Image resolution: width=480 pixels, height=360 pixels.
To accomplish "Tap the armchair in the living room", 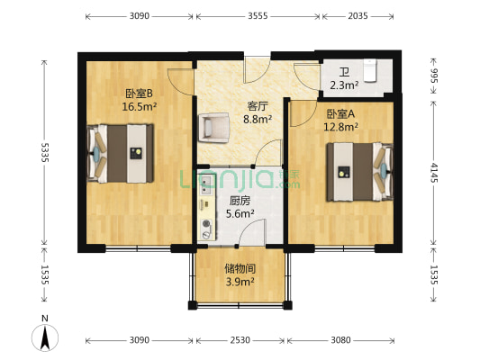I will pyautogui.click(x=215, y=127).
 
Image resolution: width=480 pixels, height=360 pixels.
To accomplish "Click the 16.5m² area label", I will pyautogui.click(x=139, y=105).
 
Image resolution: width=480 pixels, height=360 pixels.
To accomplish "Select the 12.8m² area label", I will pyautogui.click(x=341, y=127).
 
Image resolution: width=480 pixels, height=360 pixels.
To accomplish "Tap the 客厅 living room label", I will pyautogui.click(x=259, y=104).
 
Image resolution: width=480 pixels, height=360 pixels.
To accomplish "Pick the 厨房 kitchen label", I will pyautogui.click(x=240, y=201).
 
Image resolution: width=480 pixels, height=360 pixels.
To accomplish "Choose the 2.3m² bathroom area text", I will pyautogui.click(x=344, y=86).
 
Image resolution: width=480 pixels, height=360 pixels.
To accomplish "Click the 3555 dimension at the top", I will pyautogui.click(x=257, y=16).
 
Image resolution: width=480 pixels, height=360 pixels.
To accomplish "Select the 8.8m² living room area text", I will pyautogui.click(x=259, y=117).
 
